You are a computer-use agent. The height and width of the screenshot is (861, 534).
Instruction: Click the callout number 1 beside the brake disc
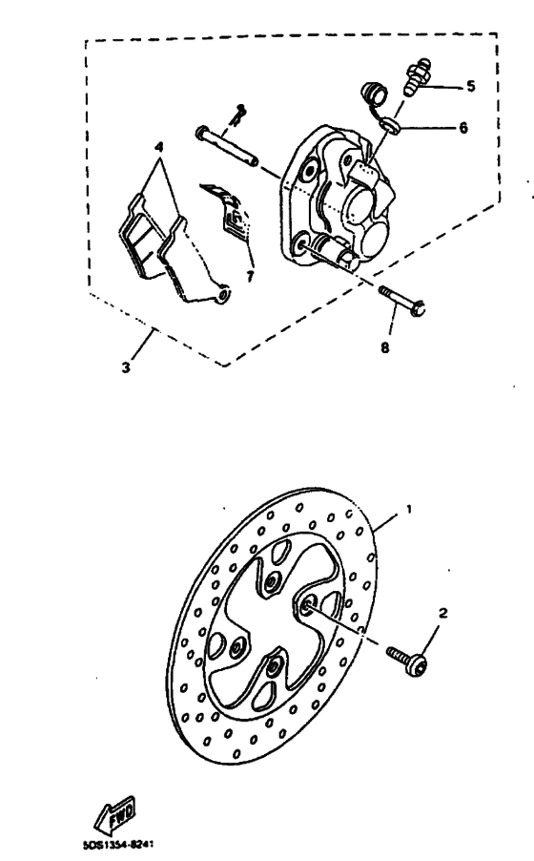click(x=409, y=510)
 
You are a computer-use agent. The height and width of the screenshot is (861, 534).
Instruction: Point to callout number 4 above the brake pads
click(x=159, y=148)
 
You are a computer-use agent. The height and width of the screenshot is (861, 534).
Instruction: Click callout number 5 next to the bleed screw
click(x=470, y=86)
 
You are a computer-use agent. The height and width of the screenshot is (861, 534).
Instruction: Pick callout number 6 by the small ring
click(x=462, y=127)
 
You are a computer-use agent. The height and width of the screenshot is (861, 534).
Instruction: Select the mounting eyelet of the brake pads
click(x=223, y=295)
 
